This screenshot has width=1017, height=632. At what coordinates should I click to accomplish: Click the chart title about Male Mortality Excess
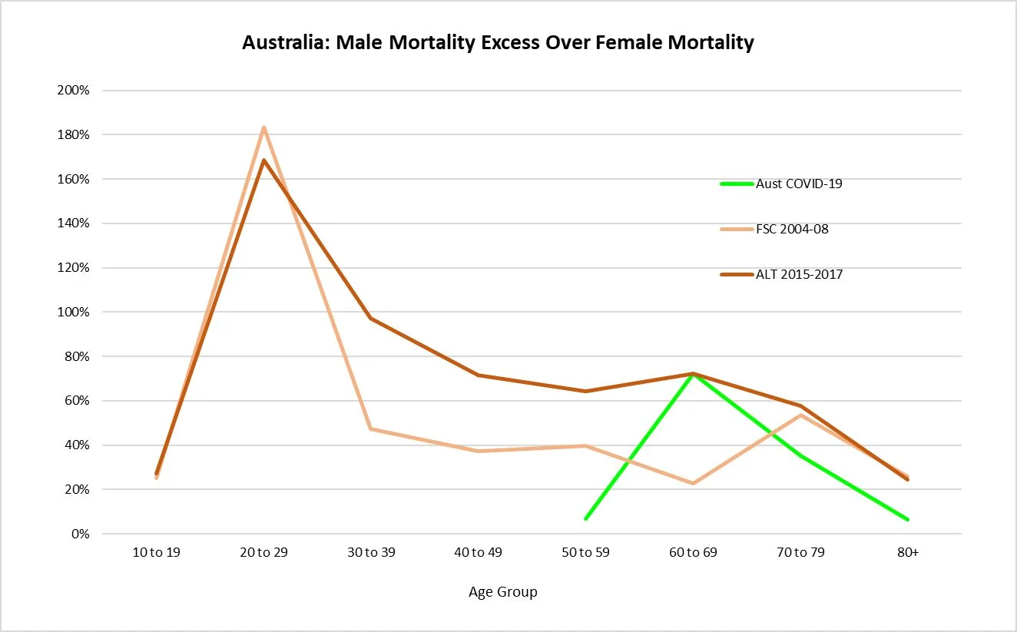(498, 42)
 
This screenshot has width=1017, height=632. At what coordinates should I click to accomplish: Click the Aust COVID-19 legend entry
(799, 184)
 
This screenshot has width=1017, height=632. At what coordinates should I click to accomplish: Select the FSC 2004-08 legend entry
(792, 229)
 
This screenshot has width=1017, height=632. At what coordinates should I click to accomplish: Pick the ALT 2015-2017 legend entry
(799, 274)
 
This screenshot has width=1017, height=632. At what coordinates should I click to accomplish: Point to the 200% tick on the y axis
(74, 91)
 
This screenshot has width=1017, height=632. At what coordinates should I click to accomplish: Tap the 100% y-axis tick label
(74, 313)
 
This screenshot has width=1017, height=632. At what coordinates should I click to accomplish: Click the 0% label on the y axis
(80, 534)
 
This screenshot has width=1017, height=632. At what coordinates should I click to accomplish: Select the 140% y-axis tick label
(74, 223)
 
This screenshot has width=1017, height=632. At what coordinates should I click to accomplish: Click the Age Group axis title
(503, 592)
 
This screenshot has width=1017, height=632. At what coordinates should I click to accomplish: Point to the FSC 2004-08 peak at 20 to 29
(263, 127)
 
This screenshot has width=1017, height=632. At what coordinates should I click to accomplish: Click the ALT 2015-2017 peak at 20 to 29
(264, 160)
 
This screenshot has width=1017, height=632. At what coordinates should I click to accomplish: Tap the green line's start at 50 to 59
(586, 519)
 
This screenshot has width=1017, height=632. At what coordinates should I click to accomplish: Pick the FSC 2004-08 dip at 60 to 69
(693, 483)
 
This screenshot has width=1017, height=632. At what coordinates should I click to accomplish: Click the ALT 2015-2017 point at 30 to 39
(371, 318)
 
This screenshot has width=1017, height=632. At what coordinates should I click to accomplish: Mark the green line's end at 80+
(907, 520)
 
